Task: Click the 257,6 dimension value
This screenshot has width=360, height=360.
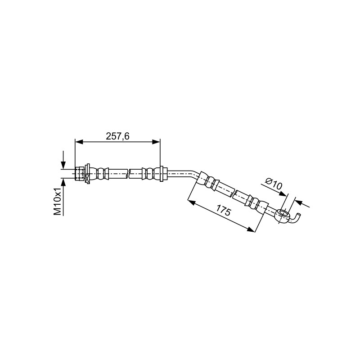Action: (117, 136)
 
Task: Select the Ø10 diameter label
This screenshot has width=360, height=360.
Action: (273, 184)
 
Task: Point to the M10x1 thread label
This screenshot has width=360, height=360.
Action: (58, 201)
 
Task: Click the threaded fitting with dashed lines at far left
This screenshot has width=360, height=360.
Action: (80, 174)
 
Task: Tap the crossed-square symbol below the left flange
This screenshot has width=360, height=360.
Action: (87, 178)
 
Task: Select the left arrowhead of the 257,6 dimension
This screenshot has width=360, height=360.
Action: (79, 142)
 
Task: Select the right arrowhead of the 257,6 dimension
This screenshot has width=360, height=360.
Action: (156, 142)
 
